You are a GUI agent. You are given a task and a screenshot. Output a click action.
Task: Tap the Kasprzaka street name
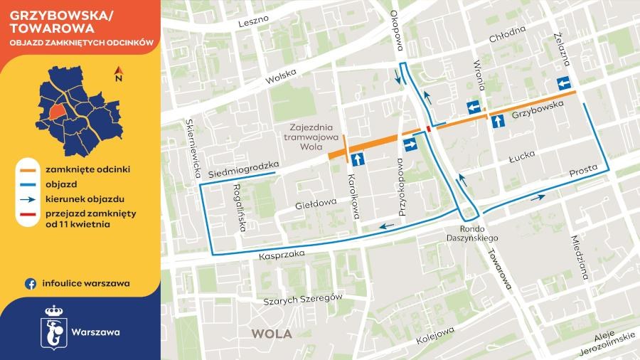282,253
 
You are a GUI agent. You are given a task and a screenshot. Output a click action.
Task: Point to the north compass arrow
119,73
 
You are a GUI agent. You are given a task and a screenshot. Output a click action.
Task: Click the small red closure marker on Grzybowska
428,129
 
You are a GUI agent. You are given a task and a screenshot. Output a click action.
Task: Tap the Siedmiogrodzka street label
242,169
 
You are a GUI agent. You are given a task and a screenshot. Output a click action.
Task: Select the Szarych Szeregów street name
303,299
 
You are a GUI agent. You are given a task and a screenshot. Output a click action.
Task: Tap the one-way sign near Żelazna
563,83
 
